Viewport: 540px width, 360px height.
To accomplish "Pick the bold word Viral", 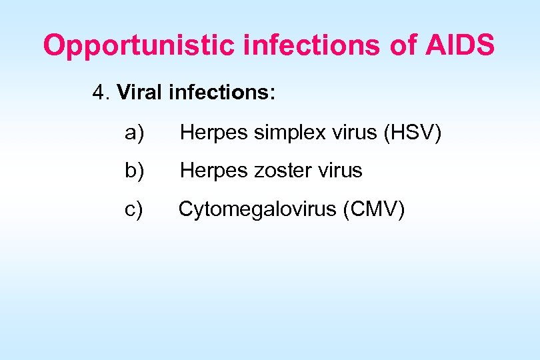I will [140, 92].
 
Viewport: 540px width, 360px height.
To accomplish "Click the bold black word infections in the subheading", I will [217, 92].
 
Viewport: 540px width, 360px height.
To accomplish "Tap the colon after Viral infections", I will [271, 93].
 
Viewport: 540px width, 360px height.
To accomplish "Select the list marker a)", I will [134, 133].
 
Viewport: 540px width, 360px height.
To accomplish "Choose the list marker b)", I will [134, 171].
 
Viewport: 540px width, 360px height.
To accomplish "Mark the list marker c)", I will [134, 209].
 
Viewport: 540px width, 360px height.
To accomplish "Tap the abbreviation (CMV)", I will [373, 209].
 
